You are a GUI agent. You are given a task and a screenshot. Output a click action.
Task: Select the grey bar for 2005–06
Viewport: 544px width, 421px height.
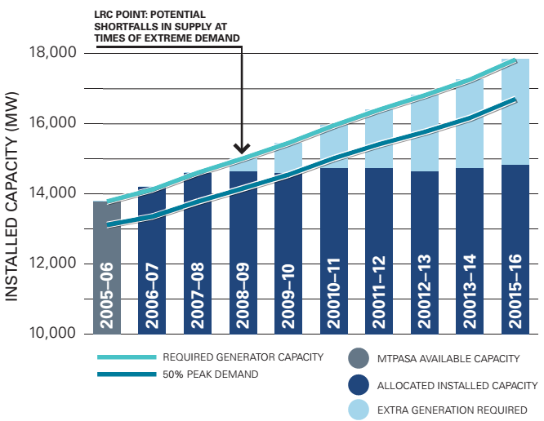(x=106, y=245)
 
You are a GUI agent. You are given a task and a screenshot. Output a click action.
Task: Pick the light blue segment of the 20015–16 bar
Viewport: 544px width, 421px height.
(x=515, y=114)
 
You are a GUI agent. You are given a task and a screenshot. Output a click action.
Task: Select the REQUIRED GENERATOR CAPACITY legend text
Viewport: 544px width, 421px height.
(x=243, y=357)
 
